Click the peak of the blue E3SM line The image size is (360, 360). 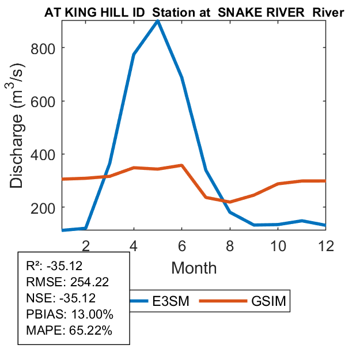158,21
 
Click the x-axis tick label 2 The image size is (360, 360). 85,245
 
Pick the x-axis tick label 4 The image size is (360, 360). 134,245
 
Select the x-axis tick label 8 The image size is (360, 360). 230,245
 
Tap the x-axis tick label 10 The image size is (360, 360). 278,245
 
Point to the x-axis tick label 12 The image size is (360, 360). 326,245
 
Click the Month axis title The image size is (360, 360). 194,267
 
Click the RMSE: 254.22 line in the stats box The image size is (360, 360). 60,282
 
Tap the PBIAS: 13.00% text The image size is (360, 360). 62,314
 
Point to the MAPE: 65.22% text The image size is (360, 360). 62,331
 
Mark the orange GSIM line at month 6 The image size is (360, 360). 182,165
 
